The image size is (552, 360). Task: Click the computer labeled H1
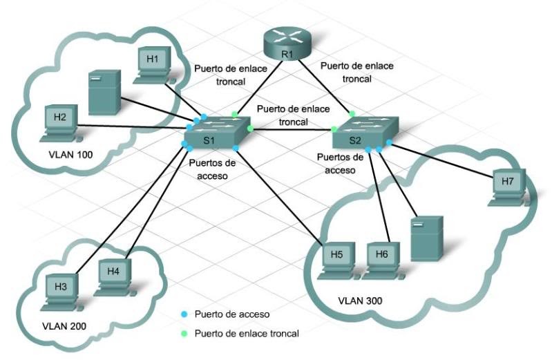[153, 64]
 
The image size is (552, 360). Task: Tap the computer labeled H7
[508, 186]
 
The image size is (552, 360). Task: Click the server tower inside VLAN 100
[104, 92]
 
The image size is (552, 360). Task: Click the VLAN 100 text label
[72, 155]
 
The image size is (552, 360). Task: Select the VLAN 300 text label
[361, 301]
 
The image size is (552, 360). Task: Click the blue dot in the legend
[184, 314]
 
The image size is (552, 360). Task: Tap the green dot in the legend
[184, 333]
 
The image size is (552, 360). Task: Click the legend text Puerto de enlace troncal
[247, 333]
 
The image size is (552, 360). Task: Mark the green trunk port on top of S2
[352, 113]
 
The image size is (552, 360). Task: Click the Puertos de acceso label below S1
[211, 169]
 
